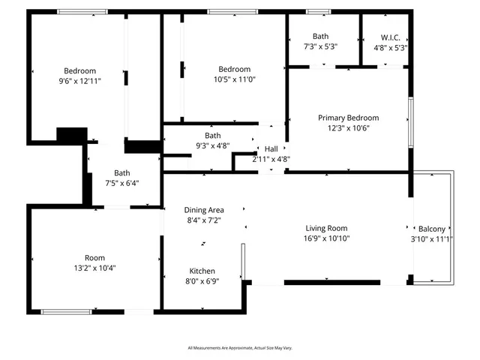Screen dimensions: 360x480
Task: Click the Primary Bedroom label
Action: (348, 118)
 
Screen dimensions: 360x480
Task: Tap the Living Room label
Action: (326, 229)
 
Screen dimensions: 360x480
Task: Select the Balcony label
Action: (431, 229)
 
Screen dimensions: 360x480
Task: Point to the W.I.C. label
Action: (390, 36)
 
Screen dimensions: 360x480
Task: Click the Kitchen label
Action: (202, 271)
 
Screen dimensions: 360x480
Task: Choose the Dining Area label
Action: (205, 210)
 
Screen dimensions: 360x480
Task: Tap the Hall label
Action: (271, 148)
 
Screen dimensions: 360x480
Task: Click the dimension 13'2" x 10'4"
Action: (94, 268)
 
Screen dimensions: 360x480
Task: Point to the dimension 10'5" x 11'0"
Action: (234, 79)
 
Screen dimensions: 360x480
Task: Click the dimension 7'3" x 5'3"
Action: (320, 46)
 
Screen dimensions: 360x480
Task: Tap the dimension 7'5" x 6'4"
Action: (121, 183)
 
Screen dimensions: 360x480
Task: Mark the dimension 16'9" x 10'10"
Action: (327, 238)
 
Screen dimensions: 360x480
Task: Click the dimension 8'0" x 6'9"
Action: (202, 282)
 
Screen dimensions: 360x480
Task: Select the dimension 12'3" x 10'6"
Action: (349, 127)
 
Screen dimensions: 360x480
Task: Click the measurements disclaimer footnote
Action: (240, 348)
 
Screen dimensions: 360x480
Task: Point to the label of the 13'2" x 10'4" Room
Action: (94, 257)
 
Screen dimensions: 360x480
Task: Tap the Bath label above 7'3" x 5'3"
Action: (320, 36)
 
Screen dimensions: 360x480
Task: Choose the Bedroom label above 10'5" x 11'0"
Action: (234, 69)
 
